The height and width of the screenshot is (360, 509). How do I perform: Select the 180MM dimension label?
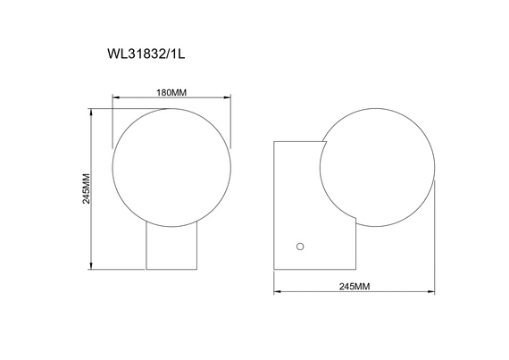coord(171,92)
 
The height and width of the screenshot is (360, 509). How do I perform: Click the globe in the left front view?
coord(171,166)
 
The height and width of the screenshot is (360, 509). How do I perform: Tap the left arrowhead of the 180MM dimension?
coord(113,96)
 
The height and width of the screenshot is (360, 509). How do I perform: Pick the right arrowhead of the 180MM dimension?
coord(230,96)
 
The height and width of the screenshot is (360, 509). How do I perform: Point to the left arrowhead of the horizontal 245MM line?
coord(275,291)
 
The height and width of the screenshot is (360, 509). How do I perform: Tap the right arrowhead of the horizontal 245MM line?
coord(436,291)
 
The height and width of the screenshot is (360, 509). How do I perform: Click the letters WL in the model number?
coord(115,53)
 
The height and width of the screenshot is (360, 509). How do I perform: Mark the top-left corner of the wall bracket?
coord(274,141)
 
